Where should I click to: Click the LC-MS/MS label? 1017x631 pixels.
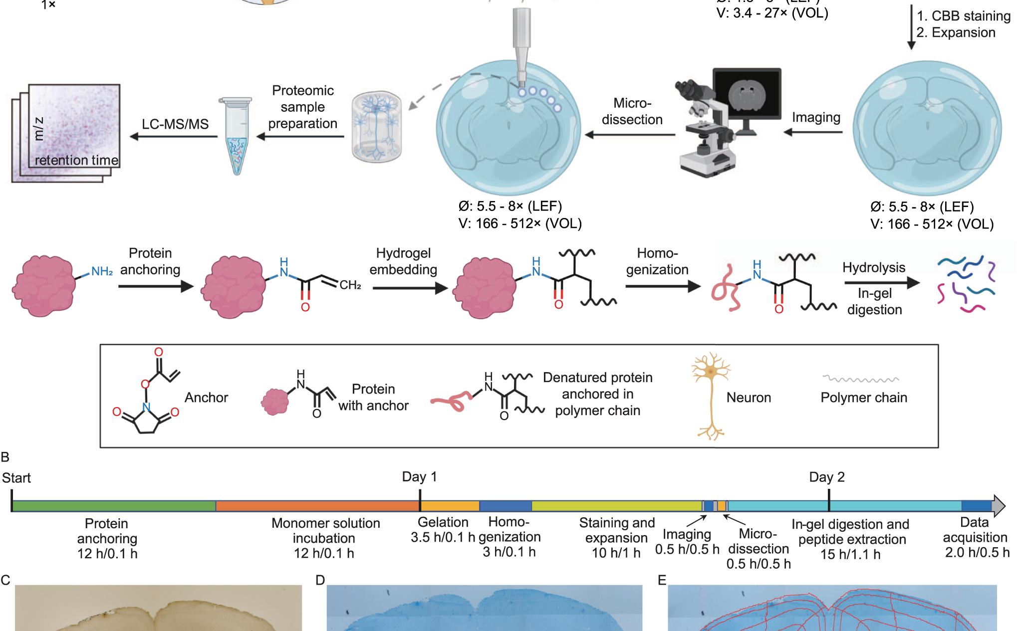tap(175, 124)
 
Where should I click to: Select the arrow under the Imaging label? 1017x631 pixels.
tap(813, 133)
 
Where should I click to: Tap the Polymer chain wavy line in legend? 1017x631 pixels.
tap(860, 380)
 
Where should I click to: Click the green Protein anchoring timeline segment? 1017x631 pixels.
tap(114, 506)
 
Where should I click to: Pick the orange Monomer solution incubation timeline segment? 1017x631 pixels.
tap(317, 506)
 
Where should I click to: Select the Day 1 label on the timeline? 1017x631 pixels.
tap(419, 477)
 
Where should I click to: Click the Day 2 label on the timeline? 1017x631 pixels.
tap(827, 477)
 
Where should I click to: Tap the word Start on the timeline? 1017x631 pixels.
tap(16, 478)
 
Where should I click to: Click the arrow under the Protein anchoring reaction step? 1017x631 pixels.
tap(156, 286)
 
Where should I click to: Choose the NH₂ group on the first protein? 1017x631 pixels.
tap(102, 272)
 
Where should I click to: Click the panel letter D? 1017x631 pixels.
tap(320, 580)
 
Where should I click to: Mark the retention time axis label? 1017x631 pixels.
tap(76, 160)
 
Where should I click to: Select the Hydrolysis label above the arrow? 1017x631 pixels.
tap(874, 267)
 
